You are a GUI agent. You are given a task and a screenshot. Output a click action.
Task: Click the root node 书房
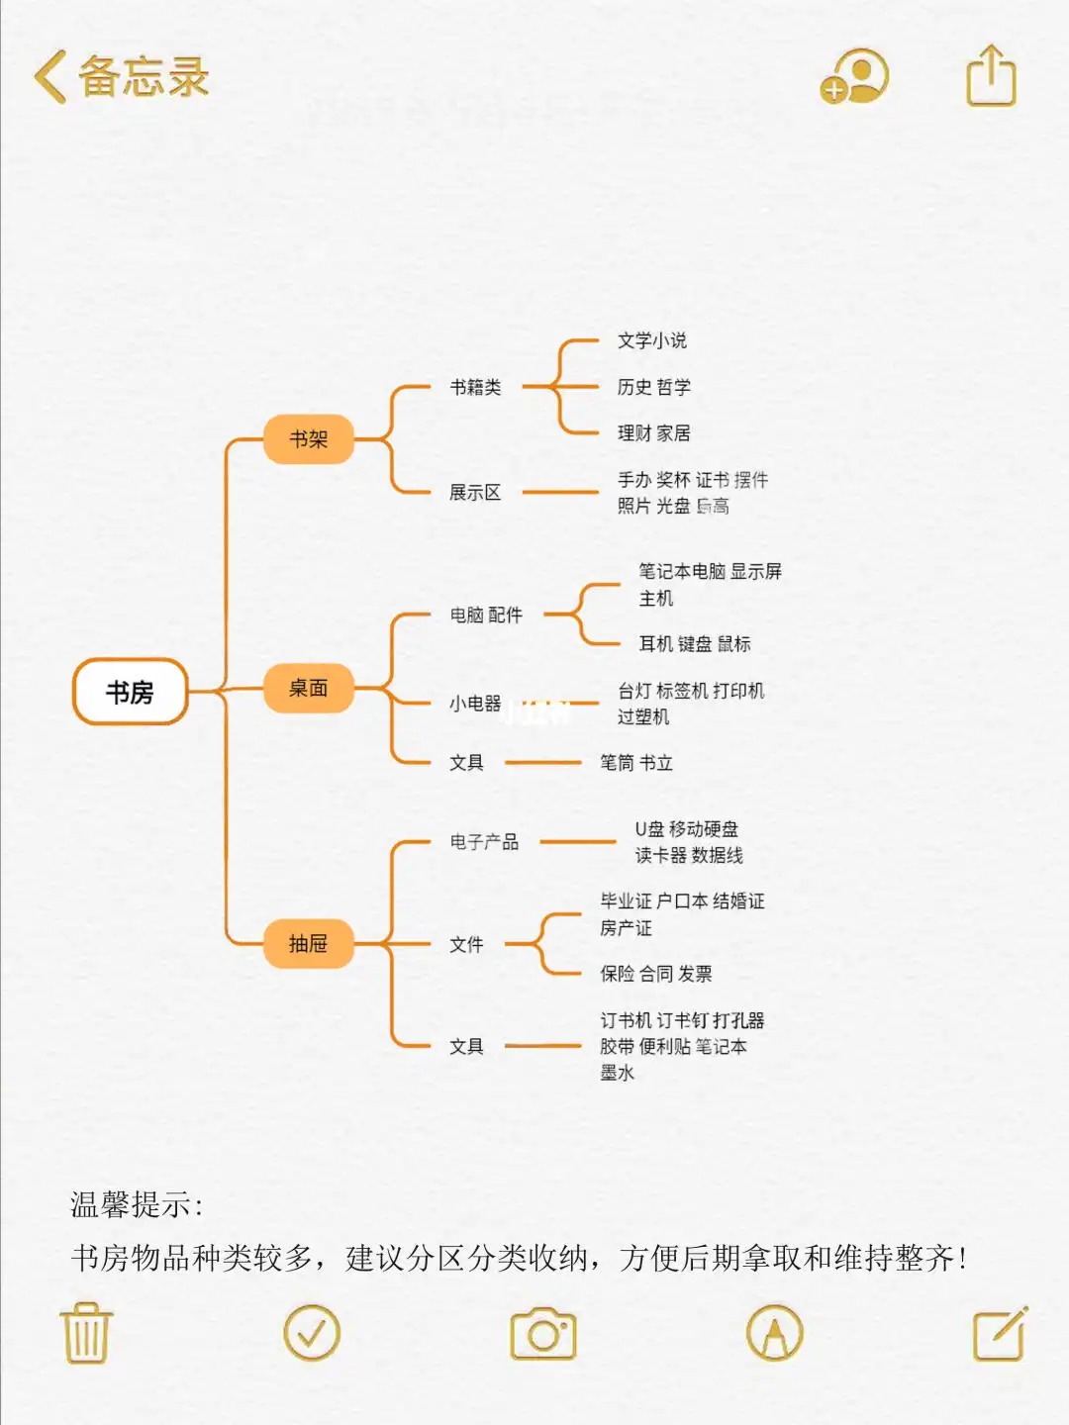130,692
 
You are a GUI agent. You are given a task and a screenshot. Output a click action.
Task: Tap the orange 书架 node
308,439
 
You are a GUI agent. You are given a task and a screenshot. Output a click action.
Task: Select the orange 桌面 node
308,688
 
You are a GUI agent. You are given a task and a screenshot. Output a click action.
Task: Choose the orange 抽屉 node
308,943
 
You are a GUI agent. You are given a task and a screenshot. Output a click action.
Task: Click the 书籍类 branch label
475,387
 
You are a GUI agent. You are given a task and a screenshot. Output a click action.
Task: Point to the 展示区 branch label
475,492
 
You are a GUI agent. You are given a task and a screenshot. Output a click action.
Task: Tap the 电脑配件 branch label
486,615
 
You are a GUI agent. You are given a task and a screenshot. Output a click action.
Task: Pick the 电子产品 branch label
484,842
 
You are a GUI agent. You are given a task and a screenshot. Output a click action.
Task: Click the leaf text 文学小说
652,340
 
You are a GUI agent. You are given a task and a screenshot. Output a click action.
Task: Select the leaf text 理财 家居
654,432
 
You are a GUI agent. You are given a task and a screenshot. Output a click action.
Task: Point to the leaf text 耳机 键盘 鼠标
695,644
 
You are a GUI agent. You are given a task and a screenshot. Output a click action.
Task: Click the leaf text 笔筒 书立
636,763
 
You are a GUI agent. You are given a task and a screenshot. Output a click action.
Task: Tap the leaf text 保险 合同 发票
656,974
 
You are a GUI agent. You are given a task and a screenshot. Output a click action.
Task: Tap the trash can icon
87,1333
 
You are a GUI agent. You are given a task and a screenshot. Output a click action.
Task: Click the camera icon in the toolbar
543,1334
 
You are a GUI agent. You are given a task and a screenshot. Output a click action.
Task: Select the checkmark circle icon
312,1333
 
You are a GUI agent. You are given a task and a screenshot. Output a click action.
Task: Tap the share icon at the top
991,76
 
